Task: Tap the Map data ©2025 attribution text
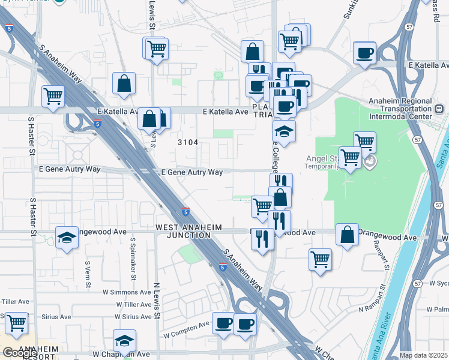(424, 355)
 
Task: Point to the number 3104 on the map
(188, 142)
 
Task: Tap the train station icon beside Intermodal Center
(439, 109)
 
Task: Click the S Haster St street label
(31, 136)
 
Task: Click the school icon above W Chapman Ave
(124, 340)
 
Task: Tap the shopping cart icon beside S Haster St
(53, 95)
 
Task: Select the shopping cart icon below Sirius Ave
(16, 323)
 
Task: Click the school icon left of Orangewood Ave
(67, 238)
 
